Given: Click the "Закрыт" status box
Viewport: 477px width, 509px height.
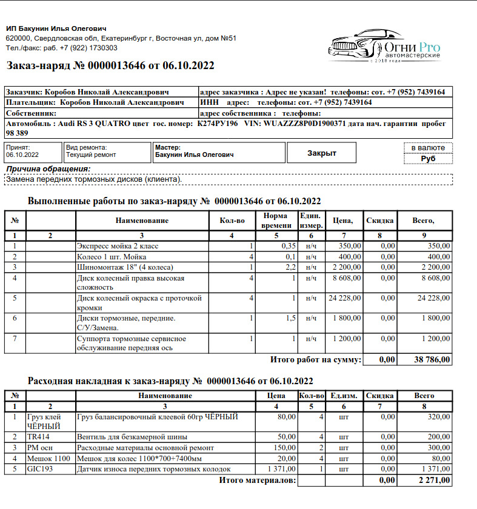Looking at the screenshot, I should [321, 153].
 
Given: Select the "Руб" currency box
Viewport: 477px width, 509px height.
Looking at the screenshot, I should [428, 159].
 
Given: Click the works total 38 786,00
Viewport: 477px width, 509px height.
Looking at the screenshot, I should [432, 359].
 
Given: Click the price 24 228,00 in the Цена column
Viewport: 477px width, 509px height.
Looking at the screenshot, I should [345, 299].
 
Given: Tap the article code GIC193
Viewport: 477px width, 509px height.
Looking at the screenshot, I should [40, 469].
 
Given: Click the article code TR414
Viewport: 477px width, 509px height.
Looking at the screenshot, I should [38, 436].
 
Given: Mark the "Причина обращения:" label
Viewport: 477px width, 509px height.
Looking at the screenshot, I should [47, 169].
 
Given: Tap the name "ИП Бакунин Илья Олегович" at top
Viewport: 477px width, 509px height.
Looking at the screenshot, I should [56, 28].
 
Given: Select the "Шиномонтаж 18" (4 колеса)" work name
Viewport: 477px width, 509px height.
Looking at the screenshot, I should [125, 267].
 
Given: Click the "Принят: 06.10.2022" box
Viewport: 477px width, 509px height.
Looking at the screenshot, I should [33, 151].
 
